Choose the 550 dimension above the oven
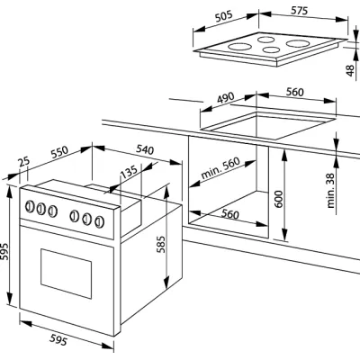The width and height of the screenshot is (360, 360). [x=59, y=152]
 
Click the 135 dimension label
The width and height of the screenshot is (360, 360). [x=128, y=171]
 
